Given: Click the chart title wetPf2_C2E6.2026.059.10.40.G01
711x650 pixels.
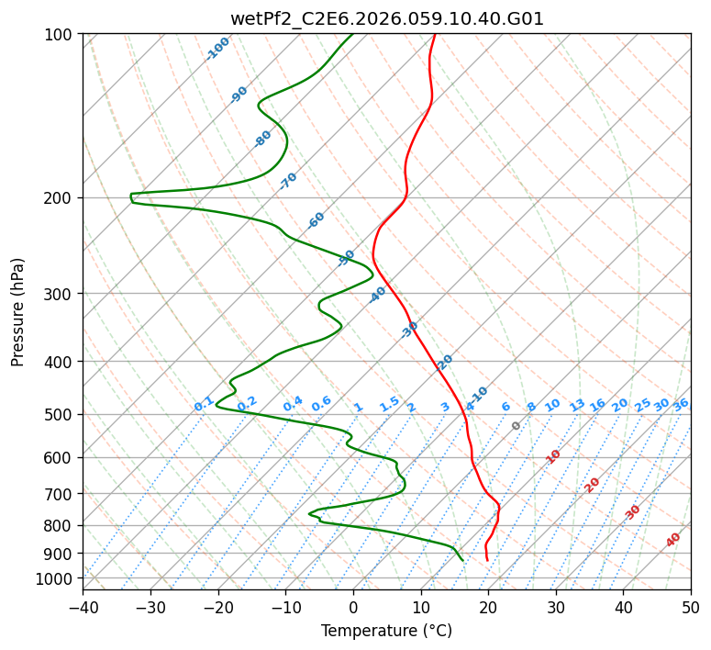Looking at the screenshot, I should pos(386,18).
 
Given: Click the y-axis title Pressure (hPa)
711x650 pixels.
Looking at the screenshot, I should pos(18,312).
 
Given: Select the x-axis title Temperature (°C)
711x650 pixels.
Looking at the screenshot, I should pos(386,631).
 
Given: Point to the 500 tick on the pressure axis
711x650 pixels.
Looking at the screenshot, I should pos(61,415).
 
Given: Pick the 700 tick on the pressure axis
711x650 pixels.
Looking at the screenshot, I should pos(61,494).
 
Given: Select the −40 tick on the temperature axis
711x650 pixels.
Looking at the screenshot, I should pos(83,607).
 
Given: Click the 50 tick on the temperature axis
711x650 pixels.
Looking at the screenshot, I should pos(691,607).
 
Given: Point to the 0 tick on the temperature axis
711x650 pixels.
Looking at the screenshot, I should pos(353,607).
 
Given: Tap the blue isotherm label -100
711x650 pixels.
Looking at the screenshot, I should pos(217,49).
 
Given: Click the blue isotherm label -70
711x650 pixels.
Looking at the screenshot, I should pos(288,180).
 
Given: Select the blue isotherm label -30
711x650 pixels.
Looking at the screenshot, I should pos(409,330).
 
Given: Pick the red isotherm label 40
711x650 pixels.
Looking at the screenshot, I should pos(673,540).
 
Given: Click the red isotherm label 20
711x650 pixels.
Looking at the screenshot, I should pos(592,484).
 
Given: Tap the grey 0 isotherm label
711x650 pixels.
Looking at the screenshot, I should pos(516,426).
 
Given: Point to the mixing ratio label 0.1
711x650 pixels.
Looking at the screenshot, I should pos(204,403).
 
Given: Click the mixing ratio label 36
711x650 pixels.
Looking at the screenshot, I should pos(681,404).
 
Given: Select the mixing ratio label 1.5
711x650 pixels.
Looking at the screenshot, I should pos(389,403).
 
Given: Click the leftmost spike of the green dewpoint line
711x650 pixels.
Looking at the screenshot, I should pos(131,195).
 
